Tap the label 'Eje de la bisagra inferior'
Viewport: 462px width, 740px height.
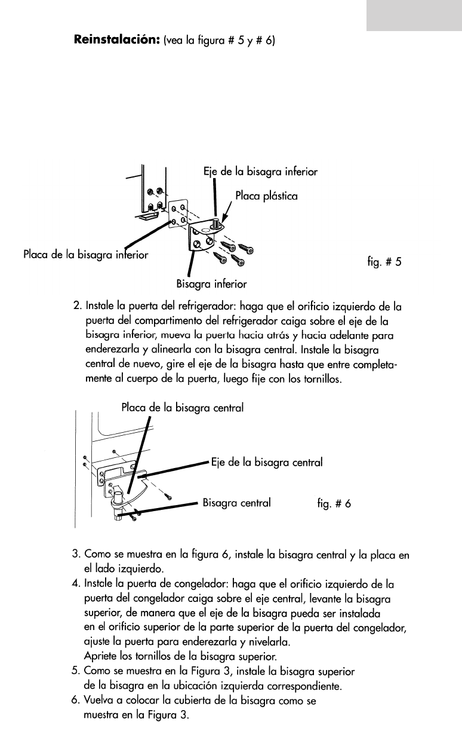260,172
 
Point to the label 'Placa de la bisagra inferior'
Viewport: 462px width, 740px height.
85,253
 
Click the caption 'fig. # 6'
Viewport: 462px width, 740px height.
334,503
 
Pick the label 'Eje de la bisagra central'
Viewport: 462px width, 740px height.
267,462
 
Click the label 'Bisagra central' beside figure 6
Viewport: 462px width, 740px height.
238,503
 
